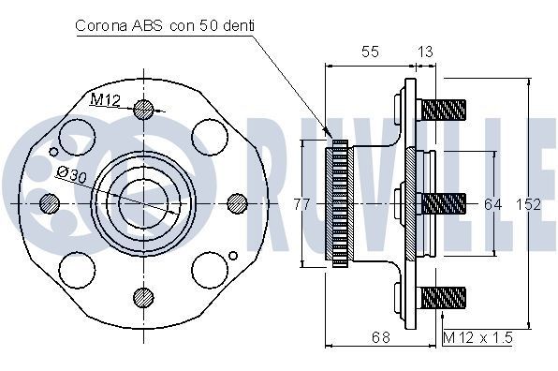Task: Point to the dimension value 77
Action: coord(301,202)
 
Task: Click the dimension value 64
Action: coord(493,202)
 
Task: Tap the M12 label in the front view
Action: coord(104,99)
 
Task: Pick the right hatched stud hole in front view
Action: coord(237,202)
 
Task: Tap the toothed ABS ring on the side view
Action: coord(338,202)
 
